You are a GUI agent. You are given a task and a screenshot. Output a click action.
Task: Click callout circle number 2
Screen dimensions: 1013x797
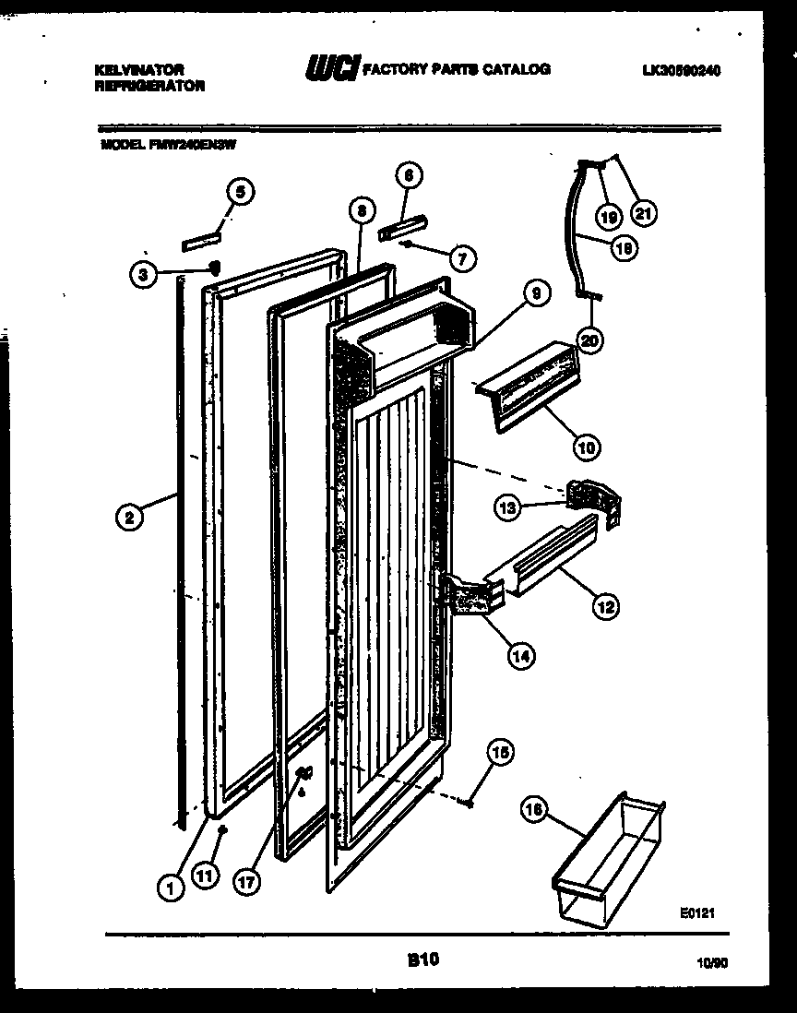tap(129, 518)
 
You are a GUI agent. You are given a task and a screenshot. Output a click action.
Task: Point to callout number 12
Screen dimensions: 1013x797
tap(605, 607)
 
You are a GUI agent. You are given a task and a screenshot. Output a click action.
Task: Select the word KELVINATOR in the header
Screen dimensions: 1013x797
tap(139, 69)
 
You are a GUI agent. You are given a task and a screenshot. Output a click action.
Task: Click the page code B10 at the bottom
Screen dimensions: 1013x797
tap(423, 960)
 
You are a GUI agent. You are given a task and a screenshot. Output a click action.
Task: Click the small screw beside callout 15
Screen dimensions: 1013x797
tap(471, 804)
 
